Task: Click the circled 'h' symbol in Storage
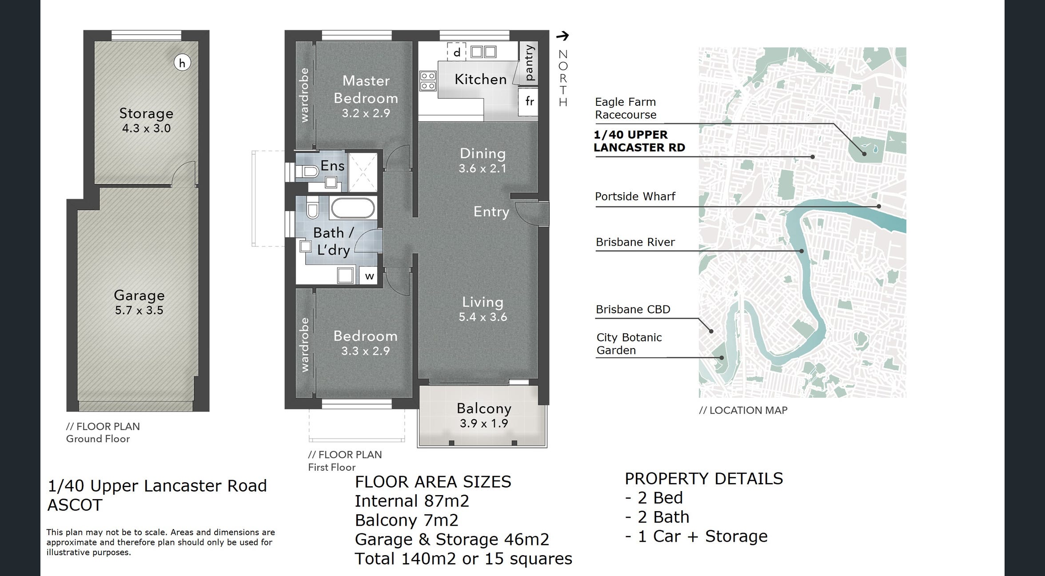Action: pos(182,63)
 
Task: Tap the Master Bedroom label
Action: pos(366,89)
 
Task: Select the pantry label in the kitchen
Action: pos(529,63)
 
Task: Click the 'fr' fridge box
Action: pos(529,102)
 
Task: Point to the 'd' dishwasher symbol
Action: pos(456,52)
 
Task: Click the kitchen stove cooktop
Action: pos(428,81)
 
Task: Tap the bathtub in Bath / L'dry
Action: pos(353,208)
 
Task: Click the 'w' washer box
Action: pos(369,276)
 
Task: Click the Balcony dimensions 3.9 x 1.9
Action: pos(484,424)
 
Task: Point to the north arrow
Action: pos(563,36)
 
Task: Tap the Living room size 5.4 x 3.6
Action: pos(483,317)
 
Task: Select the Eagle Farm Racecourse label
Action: pos(626,108)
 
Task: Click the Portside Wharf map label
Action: pos(635,196)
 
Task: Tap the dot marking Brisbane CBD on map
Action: pos(711,331)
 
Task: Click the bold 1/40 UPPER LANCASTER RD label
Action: pos(639,141)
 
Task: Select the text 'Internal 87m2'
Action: pos(412,501)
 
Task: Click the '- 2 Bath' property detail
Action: pos(657,517)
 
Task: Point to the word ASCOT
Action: pos(75,505)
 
